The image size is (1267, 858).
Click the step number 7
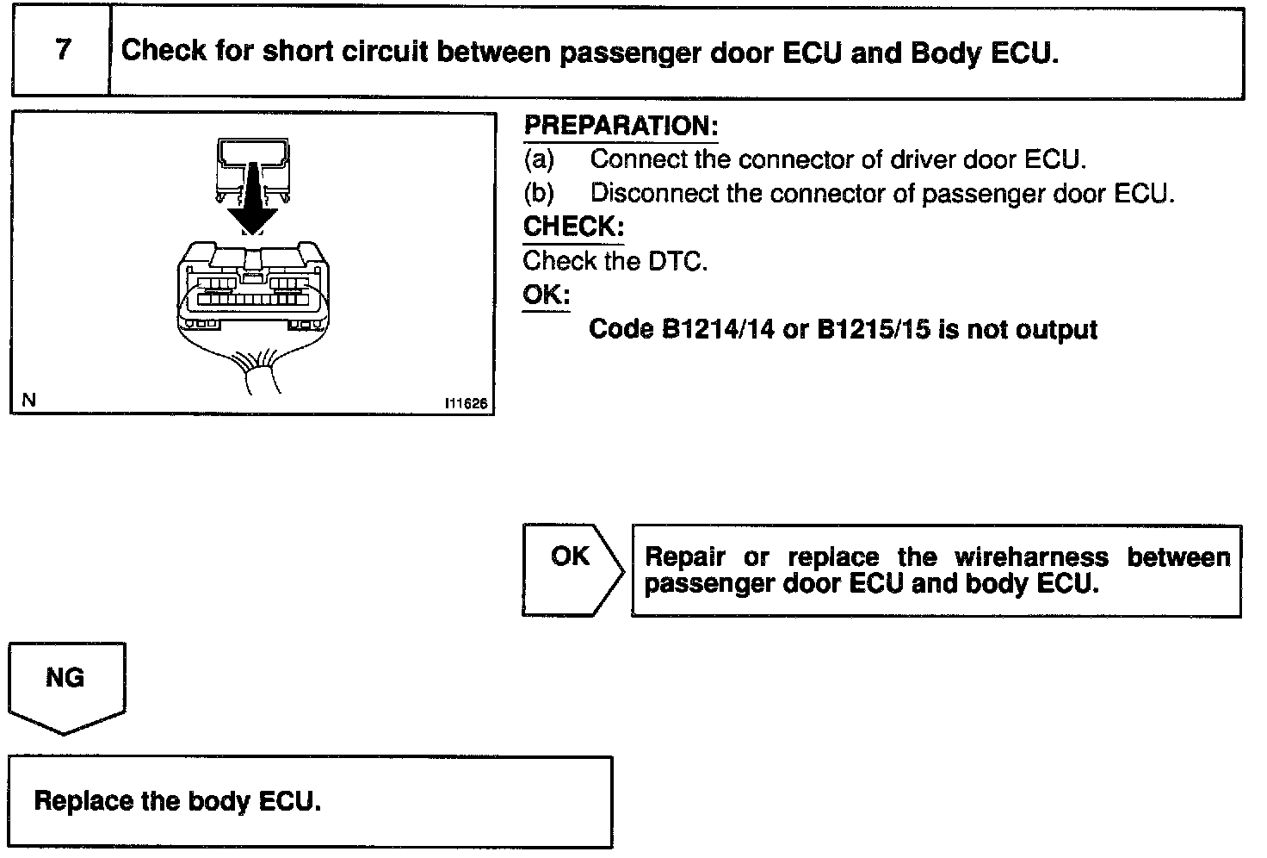point(62,50)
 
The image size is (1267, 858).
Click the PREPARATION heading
point(620,126)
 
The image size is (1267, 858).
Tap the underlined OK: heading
point(546,295)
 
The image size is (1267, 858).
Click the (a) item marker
point(539,159)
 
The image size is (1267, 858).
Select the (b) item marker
point(539,193)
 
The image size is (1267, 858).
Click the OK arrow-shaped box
point(571,569)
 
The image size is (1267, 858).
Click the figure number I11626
point(466,402)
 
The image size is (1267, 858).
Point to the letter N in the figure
point(29,400)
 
